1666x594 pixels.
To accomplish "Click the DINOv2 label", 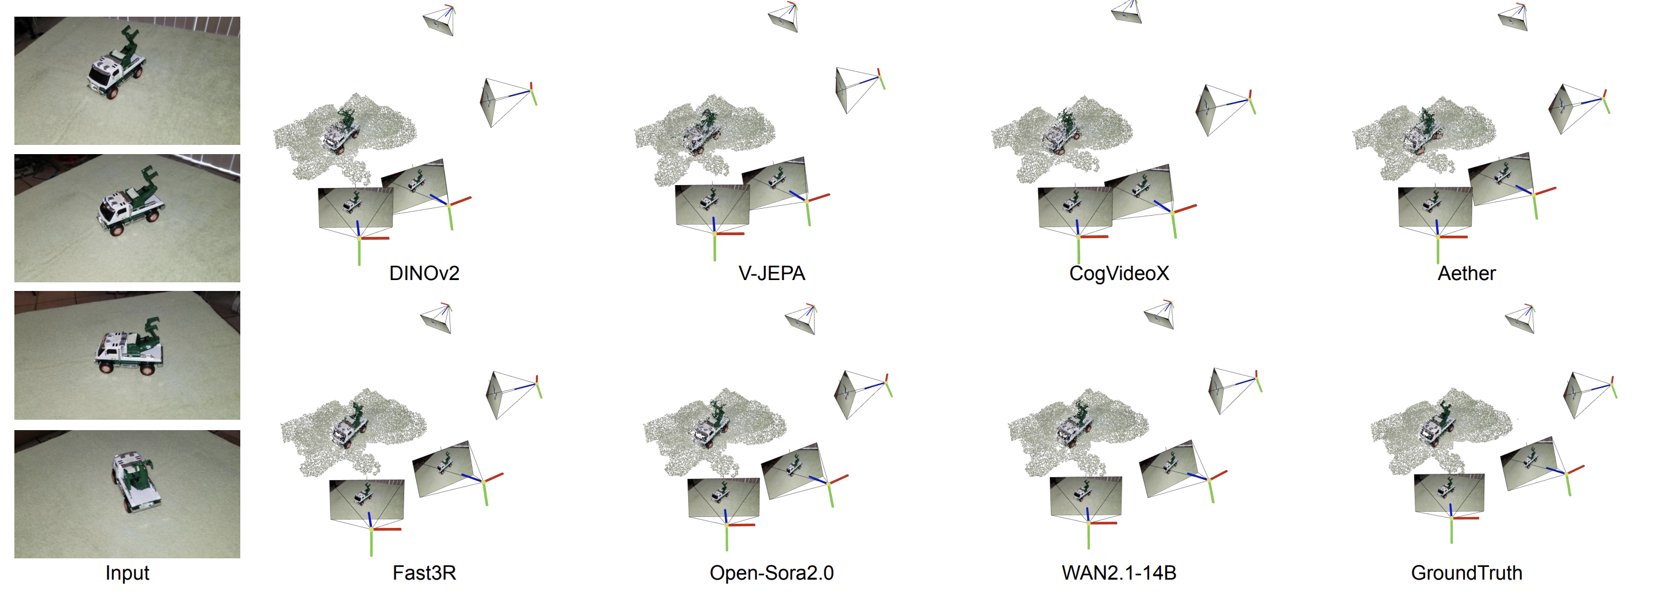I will click(424, 273).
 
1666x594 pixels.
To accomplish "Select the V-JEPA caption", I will click(771, 273).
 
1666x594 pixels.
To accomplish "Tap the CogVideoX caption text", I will click(1118, 273).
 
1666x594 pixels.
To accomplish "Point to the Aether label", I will click(1465, 273).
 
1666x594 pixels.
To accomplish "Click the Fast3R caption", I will click(424, 573).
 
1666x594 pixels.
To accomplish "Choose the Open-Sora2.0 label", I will click(771, 573).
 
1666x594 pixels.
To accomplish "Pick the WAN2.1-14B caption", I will click(1118, 573).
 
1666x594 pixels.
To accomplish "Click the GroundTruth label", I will click(1465, 573).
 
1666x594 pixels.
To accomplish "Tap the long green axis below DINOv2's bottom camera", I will click(359, 252).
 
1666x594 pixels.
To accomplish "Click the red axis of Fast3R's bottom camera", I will click(387, 529).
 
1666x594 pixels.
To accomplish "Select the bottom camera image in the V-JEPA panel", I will click(712, 205).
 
